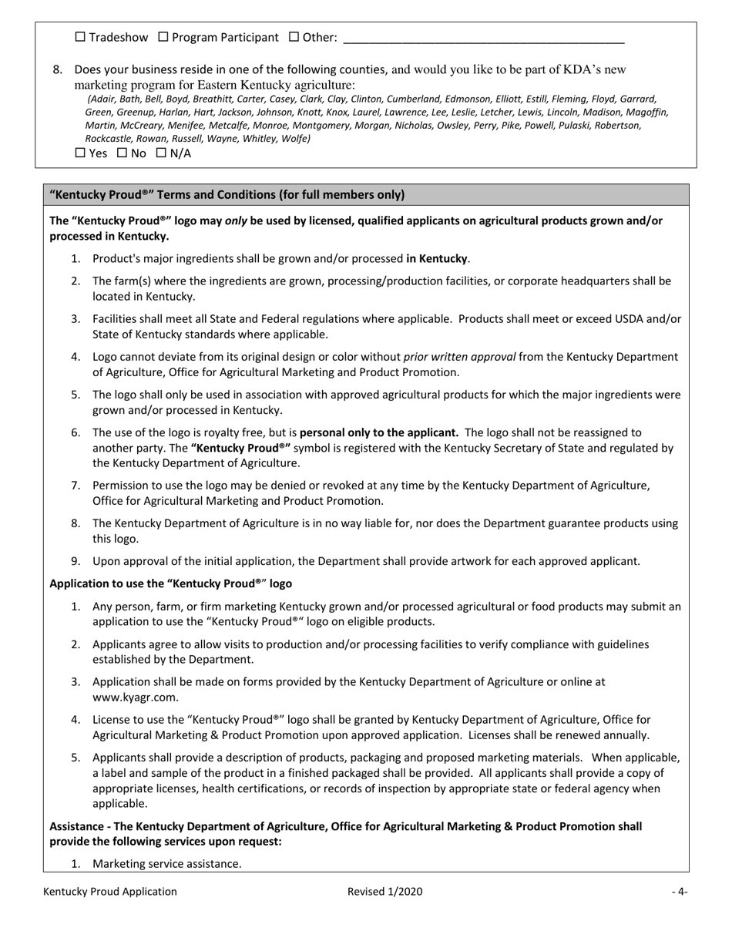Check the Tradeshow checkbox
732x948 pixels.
(81, 37)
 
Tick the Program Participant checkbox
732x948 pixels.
(163, 37)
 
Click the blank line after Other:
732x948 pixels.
(482, 39)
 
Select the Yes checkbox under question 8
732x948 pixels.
(81, 153)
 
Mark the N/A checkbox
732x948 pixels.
(162, 153)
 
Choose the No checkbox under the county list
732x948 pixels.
(122, 153)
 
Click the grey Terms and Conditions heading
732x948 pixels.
(227, 195)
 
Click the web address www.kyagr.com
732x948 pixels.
(135, 697)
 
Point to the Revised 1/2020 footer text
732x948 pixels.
(384, 892)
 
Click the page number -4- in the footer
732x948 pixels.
(679, 892)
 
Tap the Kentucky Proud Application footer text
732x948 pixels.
(110, 892)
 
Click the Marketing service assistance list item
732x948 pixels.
(166, 864)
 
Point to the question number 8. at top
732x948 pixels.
(58, 70)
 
